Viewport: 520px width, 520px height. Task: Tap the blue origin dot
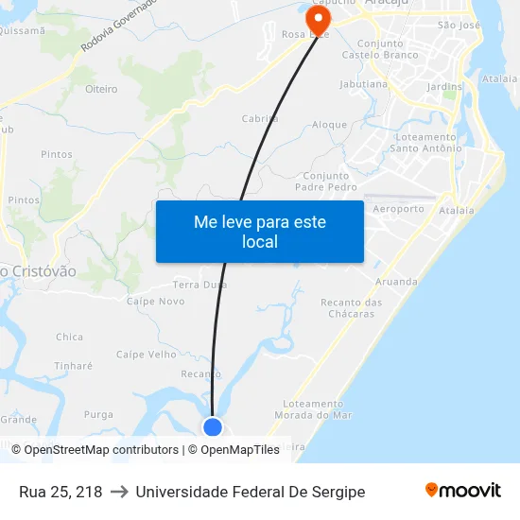[213, 427]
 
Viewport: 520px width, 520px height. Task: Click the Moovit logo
[463, 491]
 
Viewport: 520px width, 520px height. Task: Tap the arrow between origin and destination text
[118, 492]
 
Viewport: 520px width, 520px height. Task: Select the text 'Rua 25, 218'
[61, 492]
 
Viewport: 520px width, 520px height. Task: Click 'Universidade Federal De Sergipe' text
[250, 492]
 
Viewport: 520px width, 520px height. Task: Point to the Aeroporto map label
[399, 209]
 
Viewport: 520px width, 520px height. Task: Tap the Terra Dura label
[199, 284]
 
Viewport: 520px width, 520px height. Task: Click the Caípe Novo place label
[156, 301]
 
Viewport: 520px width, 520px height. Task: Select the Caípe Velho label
[147, 355]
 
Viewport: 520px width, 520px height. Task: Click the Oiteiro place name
[101, 89]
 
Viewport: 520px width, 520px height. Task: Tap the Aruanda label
[396, 282]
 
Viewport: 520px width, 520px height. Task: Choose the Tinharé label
[73, 366]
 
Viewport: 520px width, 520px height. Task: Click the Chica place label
[69, 337]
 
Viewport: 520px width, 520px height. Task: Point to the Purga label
[98, 414]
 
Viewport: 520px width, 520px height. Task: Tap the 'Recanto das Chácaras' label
[352, 308]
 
